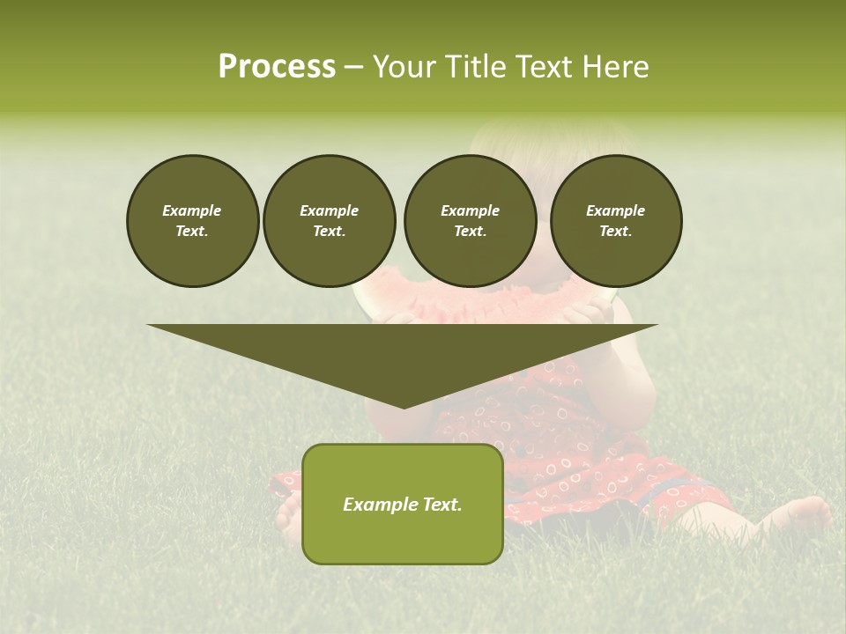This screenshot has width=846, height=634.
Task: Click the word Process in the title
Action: click(x=277, y=67)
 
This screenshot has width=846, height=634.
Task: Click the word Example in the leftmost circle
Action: click(x=192, y=210)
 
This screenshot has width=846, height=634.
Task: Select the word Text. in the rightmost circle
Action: click(x=616, y=232)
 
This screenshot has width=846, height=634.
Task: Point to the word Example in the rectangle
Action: click(x=377, y=505)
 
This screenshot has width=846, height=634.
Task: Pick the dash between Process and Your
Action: click(x=353, y=67)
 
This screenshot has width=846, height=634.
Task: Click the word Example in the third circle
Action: click(x=470, y=210)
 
